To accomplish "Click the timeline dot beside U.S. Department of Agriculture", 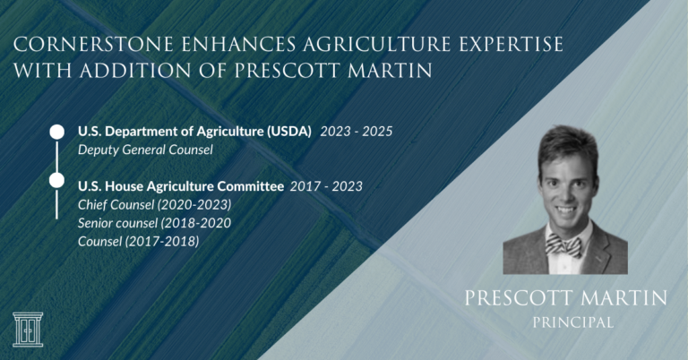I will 56,133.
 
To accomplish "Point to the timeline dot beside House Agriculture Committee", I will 56,181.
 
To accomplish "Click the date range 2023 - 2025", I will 357,132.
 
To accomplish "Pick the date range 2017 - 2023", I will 326,186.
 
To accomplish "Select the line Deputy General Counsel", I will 145,150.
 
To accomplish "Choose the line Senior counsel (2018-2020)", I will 154,223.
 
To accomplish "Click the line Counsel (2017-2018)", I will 138,241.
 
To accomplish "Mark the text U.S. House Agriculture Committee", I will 181,186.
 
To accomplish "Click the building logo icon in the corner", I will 28,329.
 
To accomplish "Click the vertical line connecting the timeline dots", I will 56,157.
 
